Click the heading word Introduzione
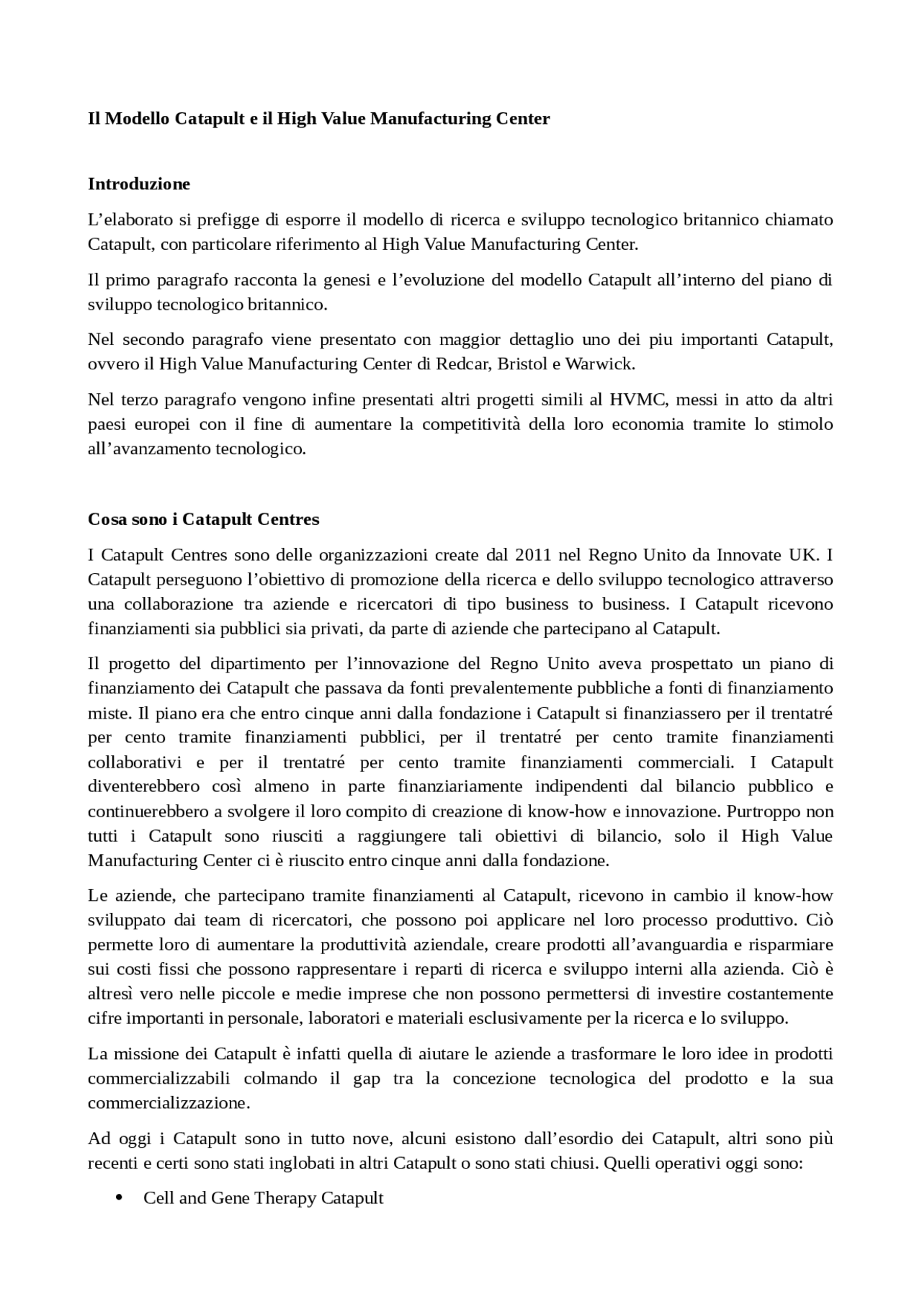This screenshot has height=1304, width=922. point(139,184)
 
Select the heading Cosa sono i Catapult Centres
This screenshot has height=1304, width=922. point(203,519)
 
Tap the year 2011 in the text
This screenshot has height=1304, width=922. point(533,555)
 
